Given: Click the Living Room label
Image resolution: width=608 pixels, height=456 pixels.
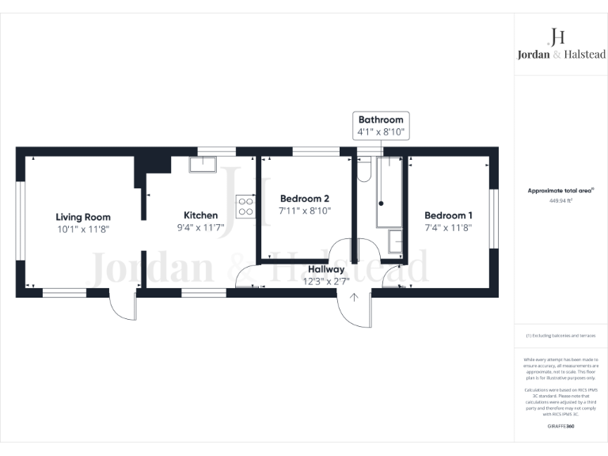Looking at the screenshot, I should (82, 217).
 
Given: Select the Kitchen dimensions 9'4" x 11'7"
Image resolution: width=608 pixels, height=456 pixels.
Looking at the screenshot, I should (200, 227).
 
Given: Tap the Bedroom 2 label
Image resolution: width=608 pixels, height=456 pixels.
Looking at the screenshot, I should (304, 199).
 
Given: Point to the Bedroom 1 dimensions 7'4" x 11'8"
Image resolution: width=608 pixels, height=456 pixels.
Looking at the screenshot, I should (448, 228).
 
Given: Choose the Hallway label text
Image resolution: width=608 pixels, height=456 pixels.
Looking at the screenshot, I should (326, 269).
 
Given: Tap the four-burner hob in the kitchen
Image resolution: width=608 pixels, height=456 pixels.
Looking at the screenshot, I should (245, 207).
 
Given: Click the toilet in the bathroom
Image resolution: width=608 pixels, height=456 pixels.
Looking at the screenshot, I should (364, 169).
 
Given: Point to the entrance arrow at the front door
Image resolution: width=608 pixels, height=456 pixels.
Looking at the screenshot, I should (354, 298).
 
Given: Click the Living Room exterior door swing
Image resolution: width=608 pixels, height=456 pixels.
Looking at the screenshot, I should (123, 306).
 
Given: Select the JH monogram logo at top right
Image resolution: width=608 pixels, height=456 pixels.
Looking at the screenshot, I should (557, 36).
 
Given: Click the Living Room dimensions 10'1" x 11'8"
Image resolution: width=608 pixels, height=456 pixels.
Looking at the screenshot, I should (82, 229).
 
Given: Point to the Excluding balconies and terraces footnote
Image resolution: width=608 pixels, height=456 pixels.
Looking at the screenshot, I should (560, 336).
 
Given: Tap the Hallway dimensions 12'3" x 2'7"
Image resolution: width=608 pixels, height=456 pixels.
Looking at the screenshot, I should (326, 281).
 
